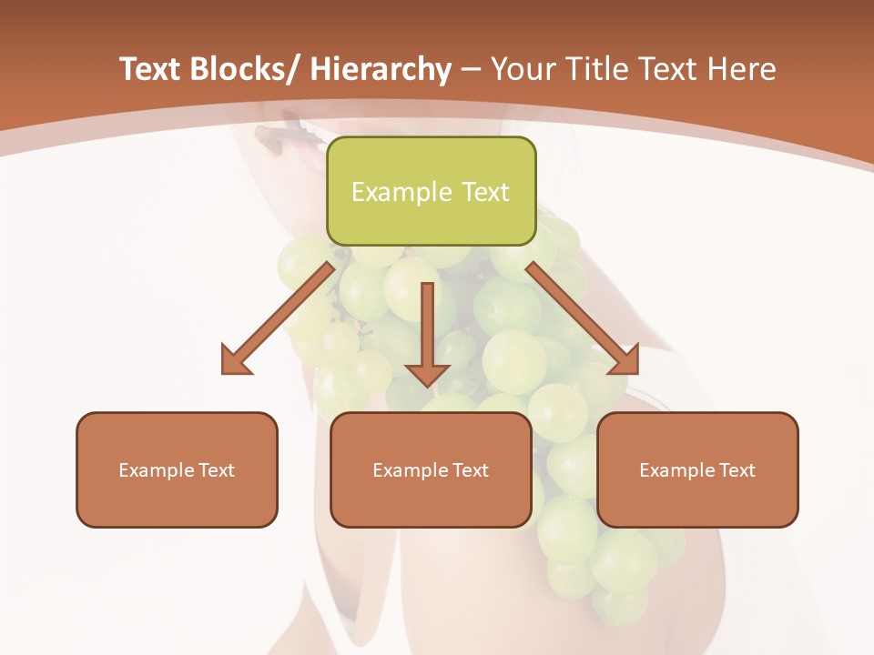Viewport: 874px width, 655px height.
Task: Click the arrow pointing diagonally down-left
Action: coord(279,318)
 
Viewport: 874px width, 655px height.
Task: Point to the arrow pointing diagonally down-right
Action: coord(583,318)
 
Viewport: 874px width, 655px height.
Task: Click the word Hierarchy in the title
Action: coord(381,69)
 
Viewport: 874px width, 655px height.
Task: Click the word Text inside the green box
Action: coord(483,192)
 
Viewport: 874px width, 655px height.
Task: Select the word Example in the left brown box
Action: coord(156,470)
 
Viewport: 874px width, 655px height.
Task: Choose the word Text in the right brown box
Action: coord(737,470)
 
